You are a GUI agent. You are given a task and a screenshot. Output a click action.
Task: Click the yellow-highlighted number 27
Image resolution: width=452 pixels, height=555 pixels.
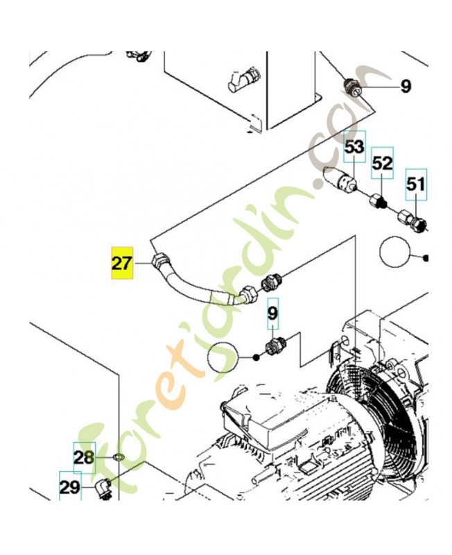(x=122, y=263)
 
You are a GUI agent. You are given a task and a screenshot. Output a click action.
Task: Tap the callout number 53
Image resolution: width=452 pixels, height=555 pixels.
(x=354, y=146)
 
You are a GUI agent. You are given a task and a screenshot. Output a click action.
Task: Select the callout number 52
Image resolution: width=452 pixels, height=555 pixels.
(x=382, y=163)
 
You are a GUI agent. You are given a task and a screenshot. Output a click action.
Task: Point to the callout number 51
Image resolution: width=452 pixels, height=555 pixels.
(x=415, y=185)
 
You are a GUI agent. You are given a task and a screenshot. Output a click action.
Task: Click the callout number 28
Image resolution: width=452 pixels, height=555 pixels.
(x=84, y=458)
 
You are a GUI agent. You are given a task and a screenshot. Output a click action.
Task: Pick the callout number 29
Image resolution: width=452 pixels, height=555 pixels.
(x=70, y=488)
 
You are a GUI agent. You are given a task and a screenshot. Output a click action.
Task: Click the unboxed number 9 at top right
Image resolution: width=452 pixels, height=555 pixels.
(x=406, y=86)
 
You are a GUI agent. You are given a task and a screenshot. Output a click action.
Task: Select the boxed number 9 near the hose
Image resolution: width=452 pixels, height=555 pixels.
(x=272, y=314)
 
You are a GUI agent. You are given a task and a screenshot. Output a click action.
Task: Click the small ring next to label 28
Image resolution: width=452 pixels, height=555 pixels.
(x=118, y=457)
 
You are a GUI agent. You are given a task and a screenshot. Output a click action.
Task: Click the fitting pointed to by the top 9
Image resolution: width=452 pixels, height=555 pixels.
(x=352, y=87)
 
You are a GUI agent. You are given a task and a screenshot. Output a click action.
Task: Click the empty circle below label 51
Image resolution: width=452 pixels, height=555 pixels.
(x=394, y=253)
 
